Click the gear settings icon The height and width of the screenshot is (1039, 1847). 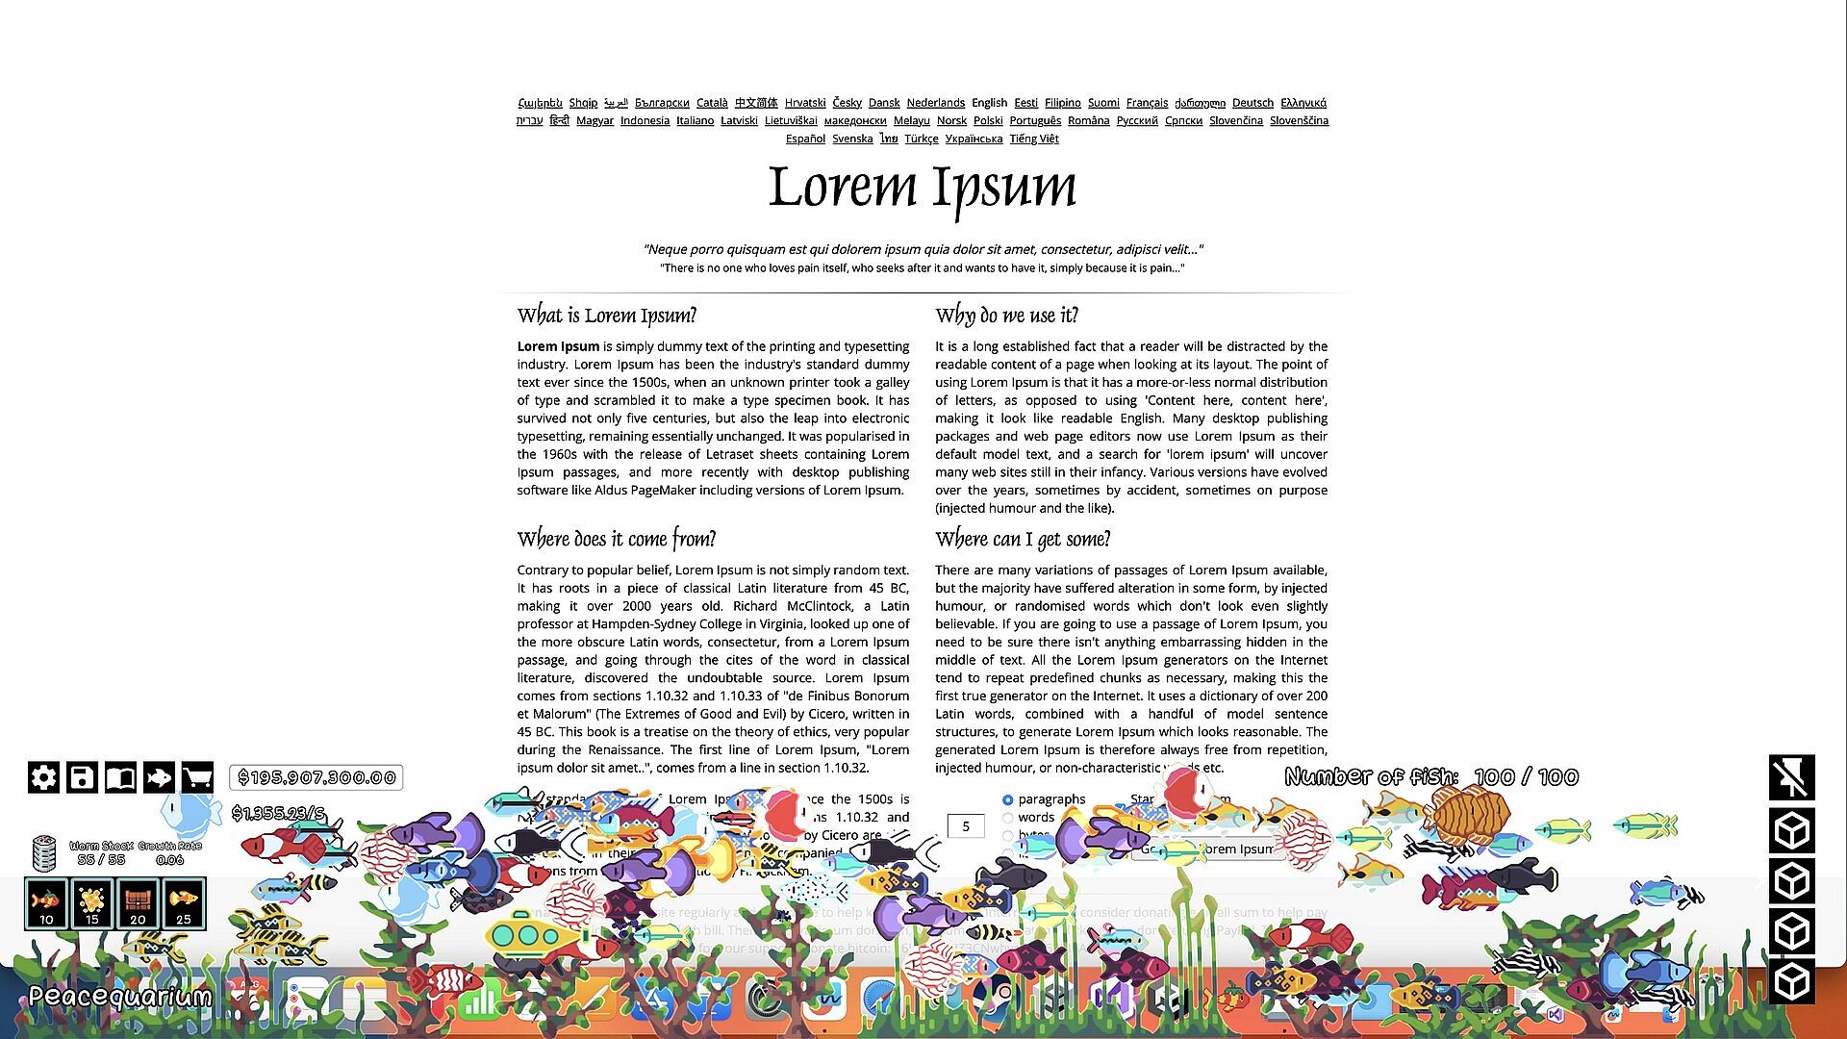click(43, 777)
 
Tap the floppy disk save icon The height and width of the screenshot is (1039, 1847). click(82, 777)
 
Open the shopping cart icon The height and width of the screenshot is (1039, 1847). click(197, 777)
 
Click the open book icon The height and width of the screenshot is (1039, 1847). click(120, 777)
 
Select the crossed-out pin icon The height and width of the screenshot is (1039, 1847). click(1791, 777)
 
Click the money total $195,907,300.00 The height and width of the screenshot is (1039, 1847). click(316, 777)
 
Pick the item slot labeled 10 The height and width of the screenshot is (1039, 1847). click(46, 903)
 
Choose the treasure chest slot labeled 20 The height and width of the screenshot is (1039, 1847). click(138, 903)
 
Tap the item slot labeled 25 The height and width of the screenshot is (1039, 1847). click(184, 903)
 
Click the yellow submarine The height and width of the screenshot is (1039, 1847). click(524, 933)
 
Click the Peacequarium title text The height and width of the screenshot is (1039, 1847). click(120, 997)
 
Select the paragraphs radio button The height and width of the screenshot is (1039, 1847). click(1007, 799)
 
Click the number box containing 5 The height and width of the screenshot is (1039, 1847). click(965, 825)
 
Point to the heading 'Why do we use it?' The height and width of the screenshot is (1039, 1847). click(1006, 316)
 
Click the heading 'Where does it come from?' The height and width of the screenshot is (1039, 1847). click(617, 539)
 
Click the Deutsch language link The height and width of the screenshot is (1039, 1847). click(1252, 103)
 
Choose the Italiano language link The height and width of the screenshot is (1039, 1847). click(695, 121)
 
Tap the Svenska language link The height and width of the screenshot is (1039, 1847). click(852, 139)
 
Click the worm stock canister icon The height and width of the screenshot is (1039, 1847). click(43, 851)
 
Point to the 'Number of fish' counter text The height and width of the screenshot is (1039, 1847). click(1430, 777)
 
